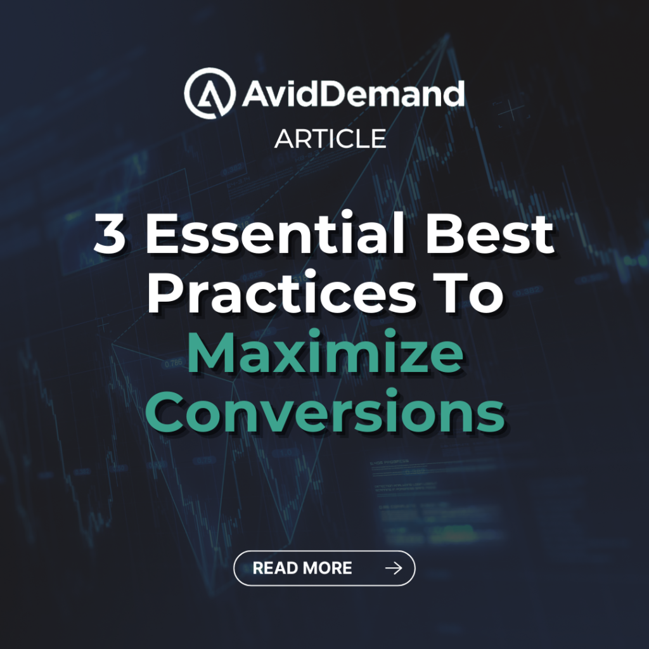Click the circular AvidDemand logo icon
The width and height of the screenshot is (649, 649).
(210, 93)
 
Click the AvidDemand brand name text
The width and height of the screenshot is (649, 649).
(353, 93)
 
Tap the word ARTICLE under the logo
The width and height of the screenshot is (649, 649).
(330, 139)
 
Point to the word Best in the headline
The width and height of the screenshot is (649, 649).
(490, 233)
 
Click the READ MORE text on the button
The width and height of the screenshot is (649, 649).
(302, 568)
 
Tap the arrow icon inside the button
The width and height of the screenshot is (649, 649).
(394, 568)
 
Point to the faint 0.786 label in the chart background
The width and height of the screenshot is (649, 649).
(173, 364)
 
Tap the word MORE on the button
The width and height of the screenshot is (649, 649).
(328, 568)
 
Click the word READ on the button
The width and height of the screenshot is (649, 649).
(276, 568)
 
